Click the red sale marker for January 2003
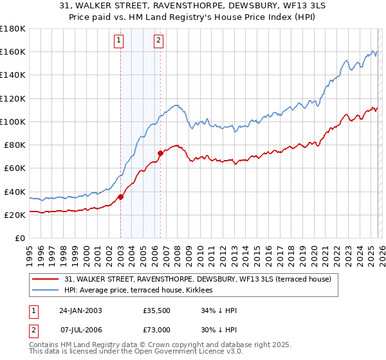click(x=120, y=197)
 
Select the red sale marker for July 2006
click(x=160, y=153)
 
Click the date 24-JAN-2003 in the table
click(x=80, y=310)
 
